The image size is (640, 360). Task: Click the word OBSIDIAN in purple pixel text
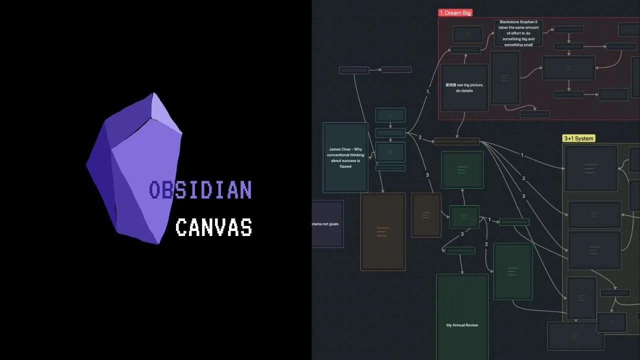click(x=200, y=190)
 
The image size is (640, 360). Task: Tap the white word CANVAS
click(x=213, y=227)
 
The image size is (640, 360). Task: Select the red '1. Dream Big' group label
click(x=455, y=13)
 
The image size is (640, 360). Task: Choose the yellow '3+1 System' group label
click(x=579, y=138)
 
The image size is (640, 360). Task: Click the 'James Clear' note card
click(x=345, y=157)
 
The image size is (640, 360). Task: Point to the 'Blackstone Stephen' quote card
click(x=518, y=33)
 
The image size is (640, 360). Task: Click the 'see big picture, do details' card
click(x=464, y=88)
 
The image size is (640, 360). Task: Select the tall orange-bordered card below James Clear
click(x=383, y=232)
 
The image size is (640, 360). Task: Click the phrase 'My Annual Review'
click(x=462, y=325)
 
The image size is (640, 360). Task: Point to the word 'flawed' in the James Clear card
click(x=345, y=166)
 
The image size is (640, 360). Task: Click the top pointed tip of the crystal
click(x=153, y=93)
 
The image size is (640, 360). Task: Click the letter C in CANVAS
click(x=181, y=227)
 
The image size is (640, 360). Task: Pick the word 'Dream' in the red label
click(x=453, y=13)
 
